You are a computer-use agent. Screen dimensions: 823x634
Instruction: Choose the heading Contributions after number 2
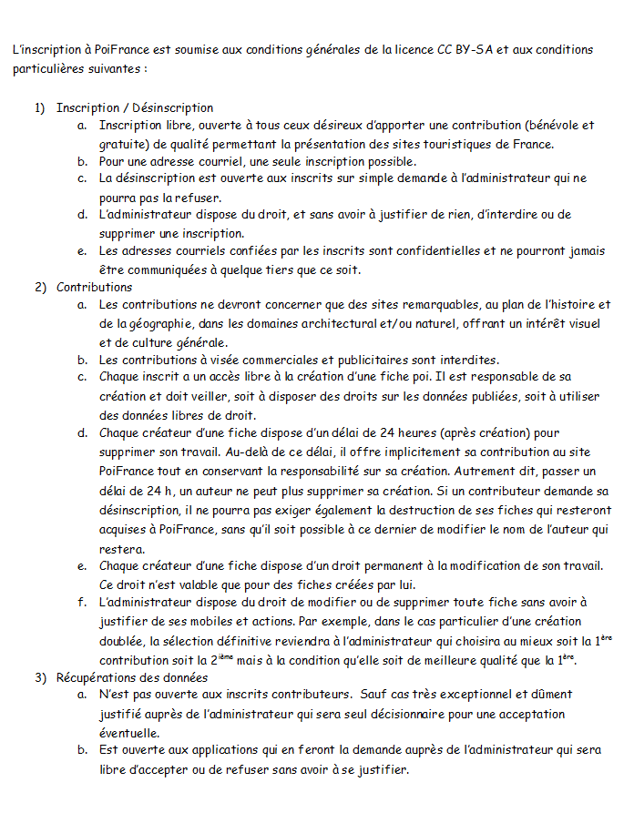pos(94,288)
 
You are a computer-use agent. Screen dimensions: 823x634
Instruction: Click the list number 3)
pos(41,677)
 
